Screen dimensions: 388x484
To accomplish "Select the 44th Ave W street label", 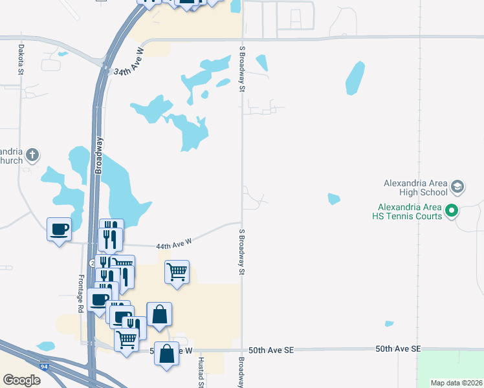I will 175,244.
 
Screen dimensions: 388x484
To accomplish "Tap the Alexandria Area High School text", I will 415,188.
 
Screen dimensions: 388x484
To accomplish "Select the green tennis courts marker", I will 452,211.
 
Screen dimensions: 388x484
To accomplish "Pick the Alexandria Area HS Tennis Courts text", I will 410,211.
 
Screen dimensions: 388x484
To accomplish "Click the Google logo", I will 21,380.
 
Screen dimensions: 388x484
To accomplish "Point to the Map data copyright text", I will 456,383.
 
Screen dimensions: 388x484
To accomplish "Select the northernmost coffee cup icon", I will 59,228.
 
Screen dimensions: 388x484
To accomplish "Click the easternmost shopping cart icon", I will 177,272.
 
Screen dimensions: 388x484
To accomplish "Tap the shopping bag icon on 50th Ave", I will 166,354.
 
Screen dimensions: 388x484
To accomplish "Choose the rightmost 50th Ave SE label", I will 398,349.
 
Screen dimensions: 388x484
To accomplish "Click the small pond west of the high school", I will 334,199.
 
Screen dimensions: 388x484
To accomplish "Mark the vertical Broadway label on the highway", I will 99,155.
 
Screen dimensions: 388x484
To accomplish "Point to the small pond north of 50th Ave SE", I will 389,324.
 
